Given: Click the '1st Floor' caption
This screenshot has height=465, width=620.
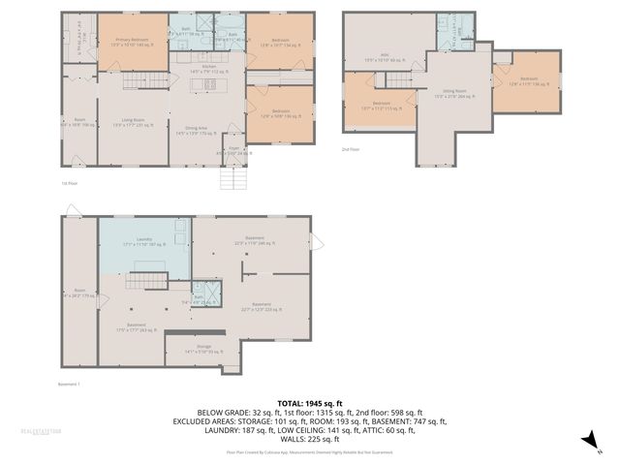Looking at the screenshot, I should click(x=69, y=181).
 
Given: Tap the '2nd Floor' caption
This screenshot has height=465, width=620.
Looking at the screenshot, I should click(x=351, y=149).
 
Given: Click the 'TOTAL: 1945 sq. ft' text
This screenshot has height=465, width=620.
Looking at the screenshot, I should click(x=309, y=403).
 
